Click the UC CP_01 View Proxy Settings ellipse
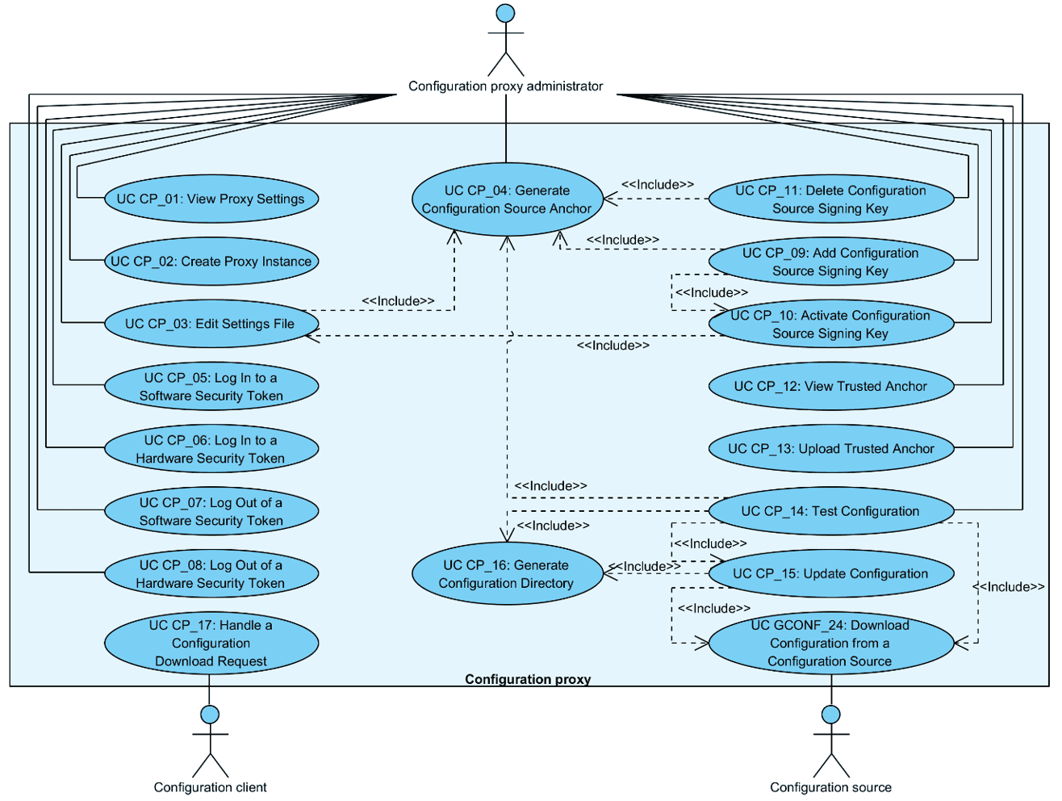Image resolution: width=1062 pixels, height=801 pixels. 211,199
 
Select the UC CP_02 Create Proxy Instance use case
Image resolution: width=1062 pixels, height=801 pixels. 211,261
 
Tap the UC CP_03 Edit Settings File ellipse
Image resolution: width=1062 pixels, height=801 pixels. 211,324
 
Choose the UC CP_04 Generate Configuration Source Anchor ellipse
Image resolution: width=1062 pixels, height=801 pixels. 507,199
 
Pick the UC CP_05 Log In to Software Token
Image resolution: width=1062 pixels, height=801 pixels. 211,386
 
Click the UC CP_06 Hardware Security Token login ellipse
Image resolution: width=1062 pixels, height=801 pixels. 211,449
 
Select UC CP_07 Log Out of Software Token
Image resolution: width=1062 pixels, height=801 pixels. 211,511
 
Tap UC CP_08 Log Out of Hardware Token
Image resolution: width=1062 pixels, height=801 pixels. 211,573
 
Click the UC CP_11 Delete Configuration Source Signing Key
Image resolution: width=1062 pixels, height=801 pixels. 830,199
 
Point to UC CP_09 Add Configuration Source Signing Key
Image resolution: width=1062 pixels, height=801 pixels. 830,262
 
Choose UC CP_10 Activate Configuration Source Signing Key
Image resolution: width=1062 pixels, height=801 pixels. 830,325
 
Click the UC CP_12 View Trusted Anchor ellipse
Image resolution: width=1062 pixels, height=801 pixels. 830,386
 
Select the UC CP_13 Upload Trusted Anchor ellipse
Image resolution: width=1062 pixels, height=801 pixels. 830,449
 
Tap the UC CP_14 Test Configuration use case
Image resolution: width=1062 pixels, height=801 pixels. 830,511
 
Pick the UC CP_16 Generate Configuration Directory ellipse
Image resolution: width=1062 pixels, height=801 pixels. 507,574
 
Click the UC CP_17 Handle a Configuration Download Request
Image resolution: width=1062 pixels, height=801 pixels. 211,643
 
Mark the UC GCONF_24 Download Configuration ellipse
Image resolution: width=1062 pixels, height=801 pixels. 830,643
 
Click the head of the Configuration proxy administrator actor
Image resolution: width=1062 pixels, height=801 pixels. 505,13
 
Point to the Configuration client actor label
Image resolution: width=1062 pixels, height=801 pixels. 210,787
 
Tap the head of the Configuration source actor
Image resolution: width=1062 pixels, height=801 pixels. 830,715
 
